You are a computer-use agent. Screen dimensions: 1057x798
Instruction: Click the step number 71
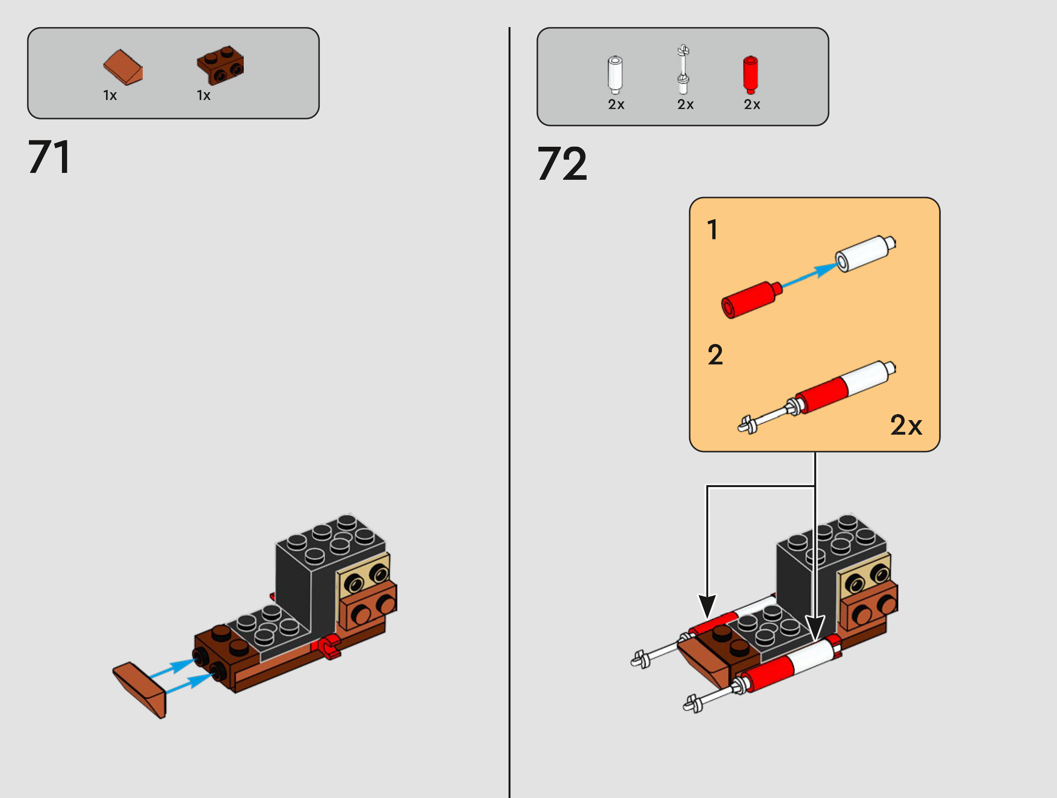(50, 157)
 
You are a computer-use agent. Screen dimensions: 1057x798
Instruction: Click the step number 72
(562, 164)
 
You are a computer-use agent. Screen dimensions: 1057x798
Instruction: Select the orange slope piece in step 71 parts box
(123, 67)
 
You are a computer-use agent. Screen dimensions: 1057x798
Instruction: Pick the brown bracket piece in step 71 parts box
(220, 66)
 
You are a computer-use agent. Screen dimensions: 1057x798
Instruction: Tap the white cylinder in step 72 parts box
(615, 75)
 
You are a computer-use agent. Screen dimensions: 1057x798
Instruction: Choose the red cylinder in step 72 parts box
(750, 75)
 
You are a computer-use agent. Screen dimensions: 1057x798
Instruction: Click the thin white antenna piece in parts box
(684, 70)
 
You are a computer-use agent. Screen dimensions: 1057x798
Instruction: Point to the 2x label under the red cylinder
(752, 105)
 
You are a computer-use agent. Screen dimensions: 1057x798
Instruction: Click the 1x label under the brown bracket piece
(204, 95)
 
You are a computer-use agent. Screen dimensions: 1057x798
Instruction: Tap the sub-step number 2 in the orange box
(715, 355)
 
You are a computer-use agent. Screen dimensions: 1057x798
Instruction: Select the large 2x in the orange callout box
(906, 425)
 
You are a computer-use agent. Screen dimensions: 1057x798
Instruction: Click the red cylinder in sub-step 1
(751, 299)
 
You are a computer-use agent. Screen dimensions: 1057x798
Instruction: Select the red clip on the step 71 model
(330, 647)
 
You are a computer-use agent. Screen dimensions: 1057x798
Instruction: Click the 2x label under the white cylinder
(616, 105)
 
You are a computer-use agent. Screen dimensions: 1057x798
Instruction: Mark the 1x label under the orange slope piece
(110, 95)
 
